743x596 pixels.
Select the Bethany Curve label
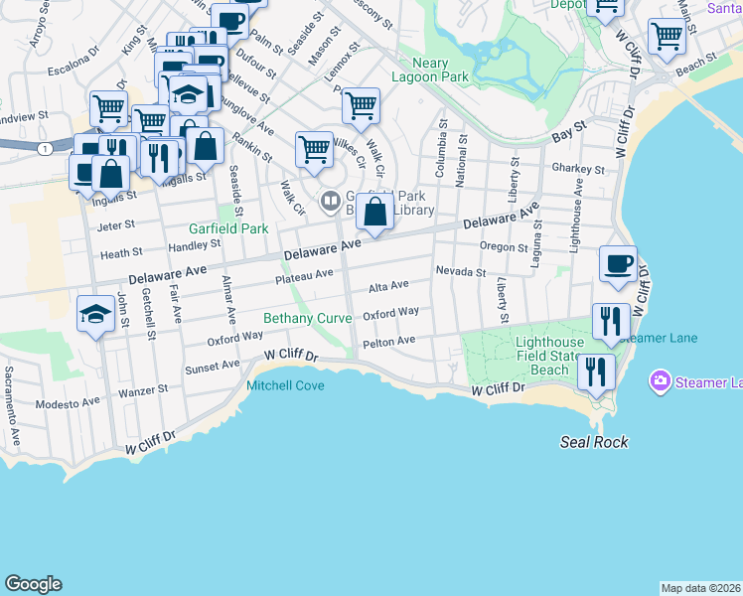[307, 318]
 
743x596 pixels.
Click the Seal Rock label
[594, 442]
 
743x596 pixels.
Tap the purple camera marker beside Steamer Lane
[658, 380]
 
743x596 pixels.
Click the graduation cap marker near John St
[94, 315]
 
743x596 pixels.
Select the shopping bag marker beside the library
[374, 213]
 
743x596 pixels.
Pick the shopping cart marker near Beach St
[667, 37]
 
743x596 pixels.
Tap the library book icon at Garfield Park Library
[330, 202]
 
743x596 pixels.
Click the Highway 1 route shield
[45, 147]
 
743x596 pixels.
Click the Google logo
[33, 584]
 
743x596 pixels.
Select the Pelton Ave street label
[389, 341]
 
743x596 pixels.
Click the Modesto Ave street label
[68, 403]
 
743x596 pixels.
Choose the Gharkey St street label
[572, 168]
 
